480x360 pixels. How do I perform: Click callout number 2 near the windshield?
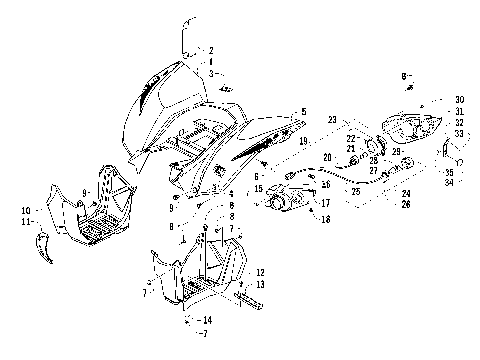tap(211, 49)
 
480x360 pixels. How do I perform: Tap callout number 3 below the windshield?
tap(211, 73)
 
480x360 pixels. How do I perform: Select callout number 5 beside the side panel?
tap(304, 111)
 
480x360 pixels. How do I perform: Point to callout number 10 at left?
tap(24, 211)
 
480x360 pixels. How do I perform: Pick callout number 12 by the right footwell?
tap(260, 272)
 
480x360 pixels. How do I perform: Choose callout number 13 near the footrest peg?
tap(260, 284)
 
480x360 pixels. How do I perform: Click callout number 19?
tap(302, 143)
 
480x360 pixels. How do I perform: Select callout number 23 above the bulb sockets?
tap(332, 120)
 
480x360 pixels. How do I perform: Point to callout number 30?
tap(459, 100)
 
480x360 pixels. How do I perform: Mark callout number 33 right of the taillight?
tap(459, 133)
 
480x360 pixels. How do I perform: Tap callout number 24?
tap(406, 192)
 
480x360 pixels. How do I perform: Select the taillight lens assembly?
tap(419, 126)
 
